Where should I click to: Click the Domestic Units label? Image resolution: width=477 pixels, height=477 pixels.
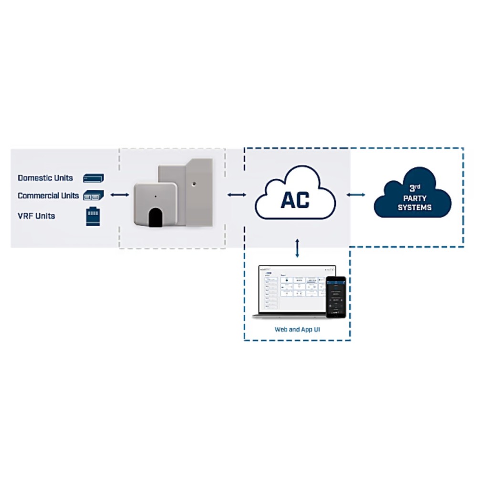(x=45, y=178)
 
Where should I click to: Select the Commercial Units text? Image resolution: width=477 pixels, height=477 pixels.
(x=48, y=196)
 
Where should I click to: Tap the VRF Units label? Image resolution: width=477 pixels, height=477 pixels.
(x=36, y=216)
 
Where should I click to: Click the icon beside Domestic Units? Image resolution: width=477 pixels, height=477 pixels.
(x=93, y=178)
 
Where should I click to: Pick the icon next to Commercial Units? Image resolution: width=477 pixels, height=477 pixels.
(x=93, y=196)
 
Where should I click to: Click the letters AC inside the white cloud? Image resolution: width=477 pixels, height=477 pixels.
(x=295, y=200)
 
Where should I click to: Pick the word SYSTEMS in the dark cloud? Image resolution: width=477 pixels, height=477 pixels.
(x=414, y=207)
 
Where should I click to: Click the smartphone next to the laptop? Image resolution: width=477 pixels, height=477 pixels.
(x=335, y=297)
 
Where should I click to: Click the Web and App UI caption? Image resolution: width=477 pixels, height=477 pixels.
(x=297, y=330)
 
